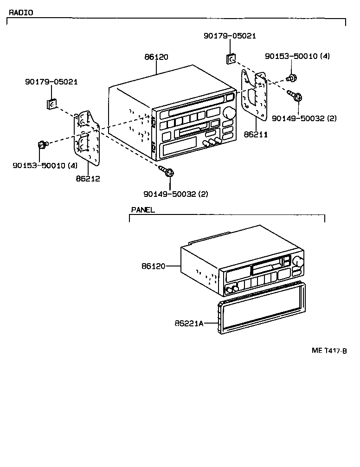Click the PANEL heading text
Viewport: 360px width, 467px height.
142,210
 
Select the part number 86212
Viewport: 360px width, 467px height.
89,178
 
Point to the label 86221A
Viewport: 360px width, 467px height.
189,323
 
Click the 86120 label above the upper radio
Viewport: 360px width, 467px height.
156,57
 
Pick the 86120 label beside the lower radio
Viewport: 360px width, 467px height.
154,266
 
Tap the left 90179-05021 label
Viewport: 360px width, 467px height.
51,82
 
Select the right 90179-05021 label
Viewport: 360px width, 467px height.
230,36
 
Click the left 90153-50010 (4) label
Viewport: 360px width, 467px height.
45,165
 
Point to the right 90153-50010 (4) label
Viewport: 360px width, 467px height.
297,56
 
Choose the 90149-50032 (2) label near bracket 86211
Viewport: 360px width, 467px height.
304,118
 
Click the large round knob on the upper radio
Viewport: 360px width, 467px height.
229,113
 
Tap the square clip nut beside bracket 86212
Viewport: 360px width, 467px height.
52,104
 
